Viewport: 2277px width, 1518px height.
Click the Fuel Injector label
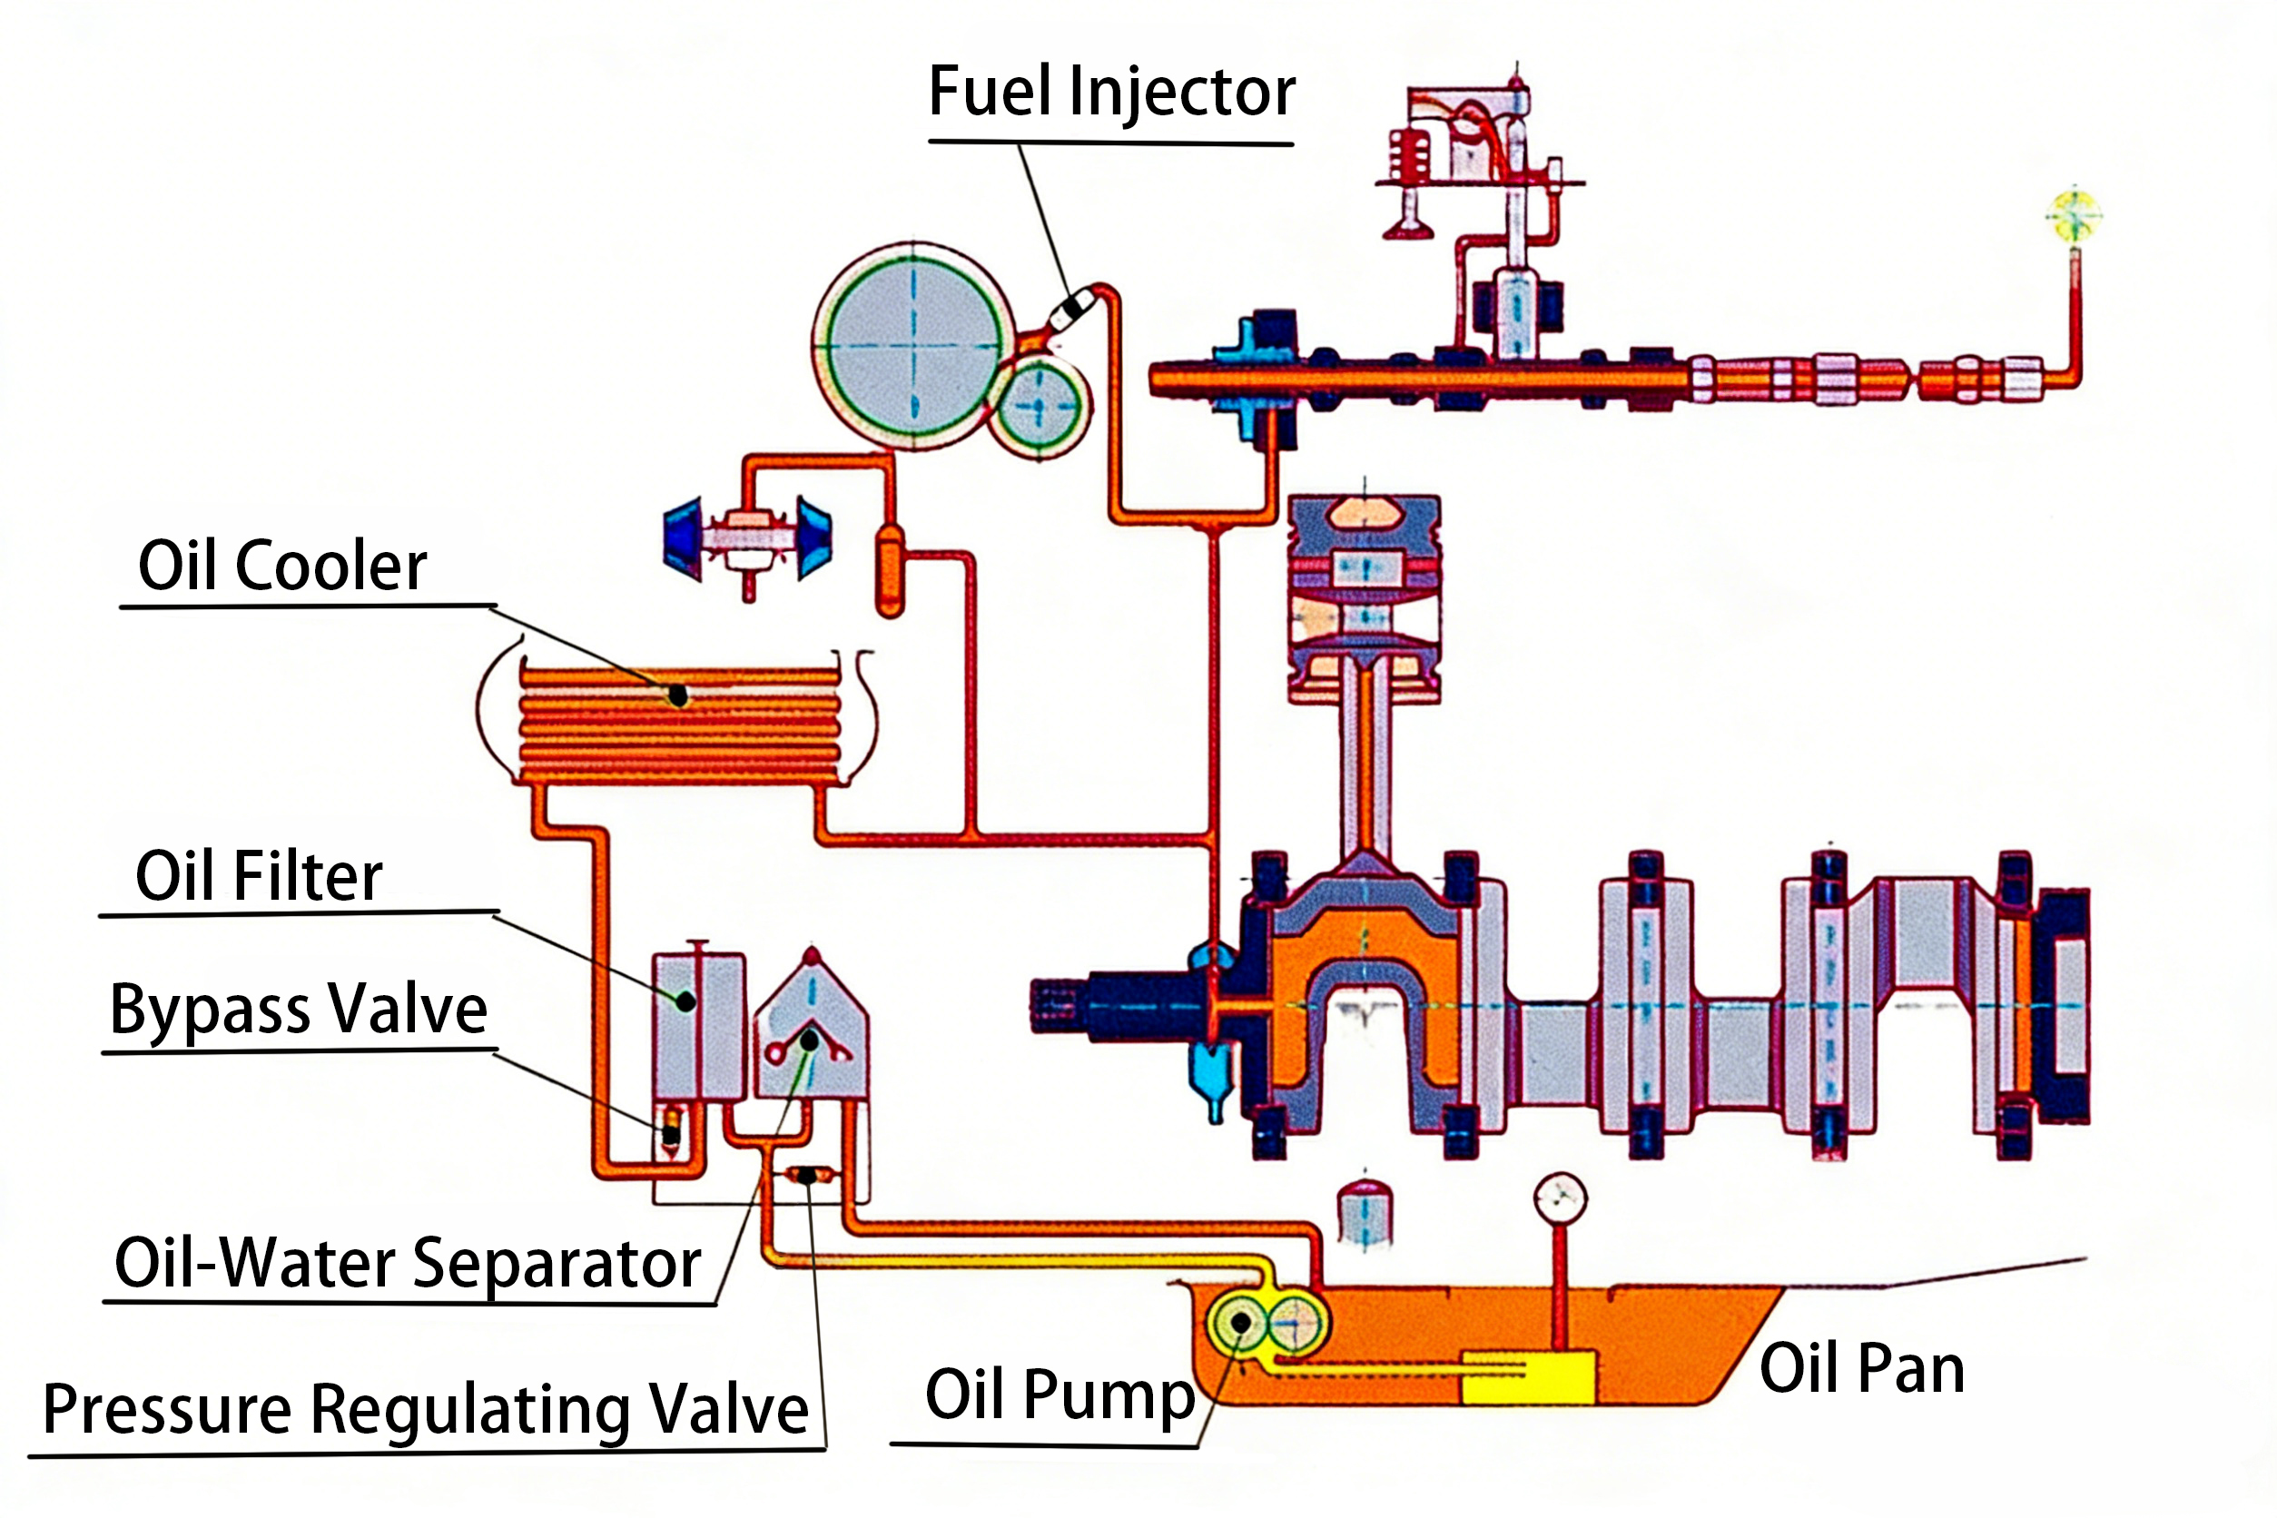pyautogui.click(x=1110, y=93)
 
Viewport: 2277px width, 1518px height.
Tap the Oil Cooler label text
pyautogui.click(x=281, y=566)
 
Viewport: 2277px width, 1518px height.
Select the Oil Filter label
pyautogui.click(x=259, y=876)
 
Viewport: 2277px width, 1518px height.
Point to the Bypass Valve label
pyautogui.click(x=298, y=1010)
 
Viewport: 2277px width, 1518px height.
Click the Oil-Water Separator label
pyautogui.click(x=408, y=1264)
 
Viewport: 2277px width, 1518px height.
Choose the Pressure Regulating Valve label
pyautogui.click(x=426, y=1410)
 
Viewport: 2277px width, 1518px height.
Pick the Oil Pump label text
pyautogui.click(x=1060, y=1395)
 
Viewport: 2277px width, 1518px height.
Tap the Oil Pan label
pyautogui.click(x=1860, y=1369)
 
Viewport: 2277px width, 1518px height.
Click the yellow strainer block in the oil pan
pyautogui.click(x=1528, y=1377)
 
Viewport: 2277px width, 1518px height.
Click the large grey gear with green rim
pyautogui.click(x=914, y=346)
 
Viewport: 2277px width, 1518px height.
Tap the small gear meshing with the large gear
pyautogui.click(x=1040, y=408)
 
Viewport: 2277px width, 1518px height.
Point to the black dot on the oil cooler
pyautogui.click(x=678, y=695)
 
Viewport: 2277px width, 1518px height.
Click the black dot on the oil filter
pyautogui.click(x=685, y=1002)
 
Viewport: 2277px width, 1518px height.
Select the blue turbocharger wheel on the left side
pyautogui.click(x=684, y=537)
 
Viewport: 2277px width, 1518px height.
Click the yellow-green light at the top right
pyautogui.click(x=2074, y=215)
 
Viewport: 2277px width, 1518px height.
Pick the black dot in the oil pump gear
pyautogui.click(x=1240, y=1323)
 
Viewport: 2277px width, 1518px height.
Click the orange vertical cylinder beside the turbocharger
pyautogui.click(x=890, y=571)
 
